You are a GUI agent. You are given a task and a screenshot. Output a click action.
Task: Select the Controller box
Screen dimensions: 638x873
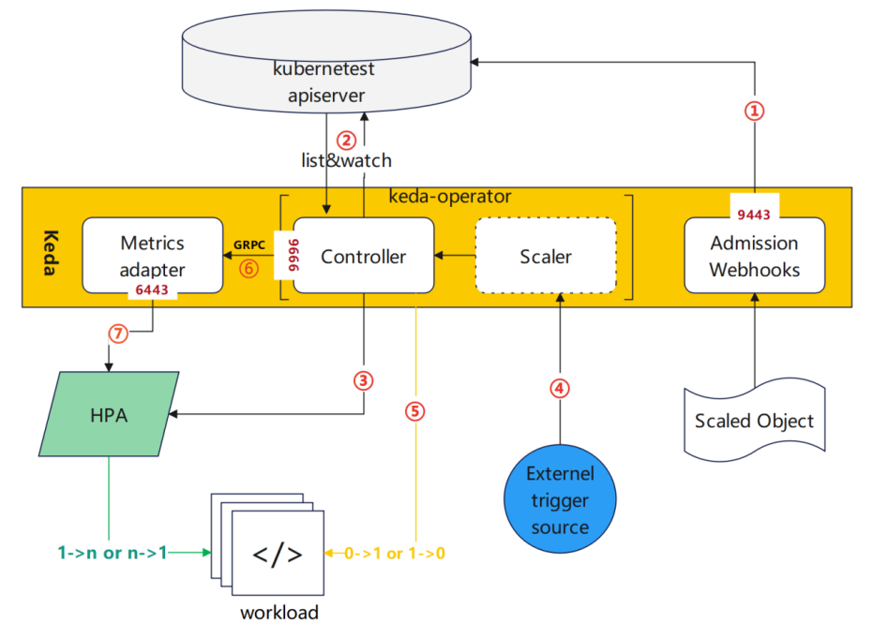click(364, 256)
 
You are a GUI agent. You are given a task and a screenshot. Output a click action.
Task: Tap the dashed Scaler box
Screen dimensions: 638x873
click(546, 256)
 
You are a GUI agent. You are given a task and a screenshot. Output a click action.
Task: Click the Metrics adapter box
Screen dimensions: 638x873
click(152, 255)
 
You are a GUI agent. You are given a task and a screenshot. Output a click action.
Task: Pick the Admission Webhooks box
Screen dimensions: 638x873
click(754, 256)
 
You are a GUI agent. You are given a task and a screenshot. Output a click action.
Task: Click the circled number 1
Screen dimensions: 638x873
click(755, 111)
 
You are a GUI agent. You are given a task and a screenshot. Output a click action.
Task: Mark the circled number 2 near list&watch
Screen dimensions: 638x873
click(347, 141)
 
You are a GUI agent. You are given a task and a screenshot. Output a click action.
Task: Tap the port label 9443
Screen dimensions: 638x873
click(754, 215)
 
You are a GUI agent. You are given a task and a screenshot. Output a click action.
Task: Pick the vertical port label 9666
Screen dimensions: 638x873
click(282, 256)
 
